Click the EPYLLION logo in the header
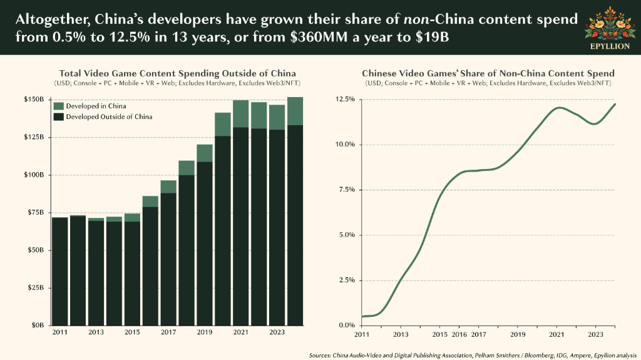(610, 28)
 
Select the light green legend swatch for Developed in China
(58, 106)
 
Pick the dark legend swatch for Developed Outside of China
(58, 116)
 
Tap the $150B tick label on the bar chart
(34, 100)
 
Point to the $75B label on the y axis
(36, 212)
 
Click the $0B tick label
(37, 325)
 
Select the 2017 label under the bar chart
(168, 332)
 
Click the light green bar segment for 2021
(241, 114)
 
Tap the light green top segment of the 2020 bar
(223, 125)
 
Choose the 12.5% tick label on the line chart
(345, 100)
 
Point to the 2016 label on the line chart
(459, 334)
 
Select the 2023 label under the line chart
(596, 334)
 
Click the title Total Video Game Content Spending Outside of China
(177, 74)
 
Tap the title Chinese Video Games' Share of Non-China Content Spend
(488, 74)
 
